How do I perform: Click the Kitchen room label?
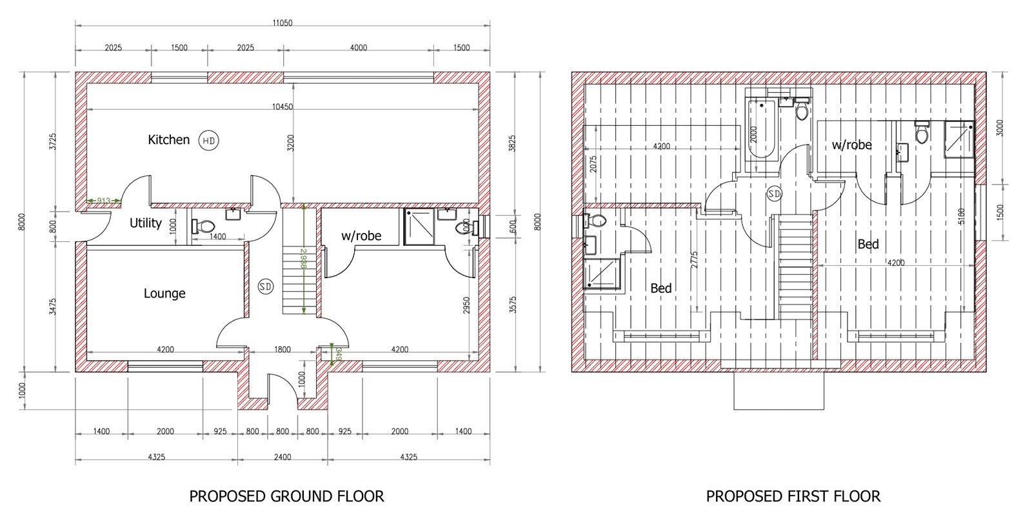pos(168,139)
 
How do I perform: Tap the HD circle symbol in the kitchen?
pos(209,141)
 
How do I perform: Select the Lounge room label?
pos(164,294)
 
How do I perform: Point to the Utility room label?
pos(146,223)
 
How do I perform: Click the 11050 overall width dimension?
pos(283,23)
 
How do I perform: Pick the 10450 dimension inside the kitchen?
pos(283,107)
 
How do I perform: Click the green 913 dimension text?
pos(104,201)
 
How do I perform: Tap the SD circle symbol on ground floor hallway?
pos(265,287)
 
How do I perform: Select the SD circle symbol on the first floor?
pos(775,194)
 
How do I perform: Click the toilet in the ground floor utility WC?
pos(203,227)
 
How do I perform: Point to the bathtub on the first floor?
pos(761,130)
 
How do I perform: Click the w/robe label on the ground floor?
pos(361,236)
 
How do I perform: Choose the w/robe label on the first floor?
pos(852,145)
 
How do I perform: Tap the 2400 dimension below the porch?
pos(283,457)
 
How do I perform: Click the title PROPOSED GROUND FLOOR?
pos(286,496)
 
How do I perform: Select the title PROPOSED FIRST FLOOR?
pos(793,496)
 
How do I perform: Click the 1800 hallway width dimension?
pos(283,350)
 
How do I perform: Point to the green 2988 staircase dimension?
pos(304,259)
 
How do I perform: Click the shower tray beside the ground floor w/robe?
pos(419,227)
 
